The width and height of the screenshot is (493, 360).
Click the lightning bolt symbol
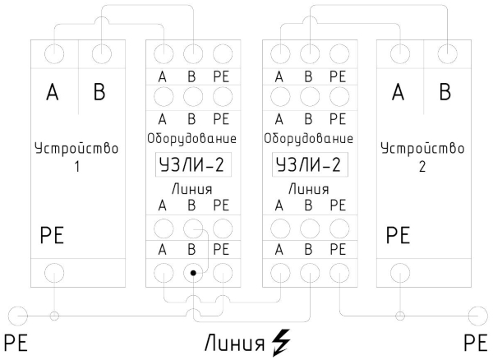(281, 339)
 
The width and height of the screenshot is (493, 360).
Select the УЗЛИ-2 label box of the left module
(191, 167)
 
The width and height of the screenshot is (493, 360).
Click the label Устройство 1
(78, 159)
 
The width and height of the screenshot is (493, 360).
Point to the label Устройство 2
(422, 159)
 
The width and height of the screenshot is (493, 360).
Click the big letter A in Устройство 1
(53, 93)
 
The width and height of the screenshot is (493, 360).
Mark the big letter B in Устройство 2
(444, 93)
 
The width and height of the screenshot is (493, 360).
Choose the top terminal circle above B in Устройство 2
(446, 54)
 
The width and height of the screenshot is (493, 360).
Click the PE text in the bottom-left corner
(16, 341)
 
